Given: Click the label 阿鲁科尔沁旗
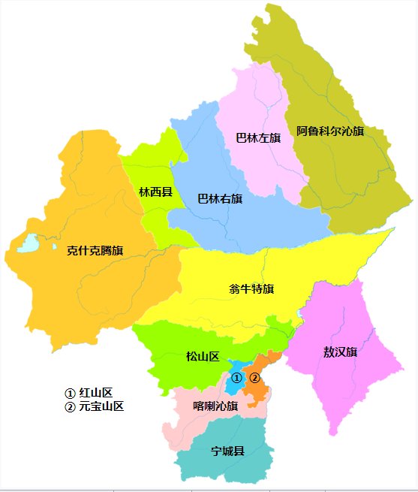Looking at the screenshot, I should (x=329, y=131).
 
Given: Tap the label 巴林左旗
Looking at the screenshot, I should (x=257, y=137).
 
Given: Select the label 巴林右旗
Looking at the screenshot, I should (x=219, y=199).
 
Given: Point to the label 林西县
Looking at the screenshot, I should (x=155, y=192).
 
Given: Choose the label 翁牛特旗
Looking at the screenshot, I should (x=251, y=288).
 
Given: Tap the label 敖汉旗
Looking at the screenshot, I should (x=340, y=352).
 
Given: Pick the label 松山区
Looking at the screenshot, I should (x=202, y=356).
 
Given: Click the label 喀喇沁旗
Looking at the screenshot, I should (x=215, y=406).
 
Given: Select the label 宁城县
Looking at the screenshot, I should (x=227, y=451).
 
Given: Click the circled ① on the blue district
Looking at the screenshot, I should (x=236, y=378).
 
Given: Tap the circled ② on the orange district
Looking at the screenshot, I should (x=254, y=378).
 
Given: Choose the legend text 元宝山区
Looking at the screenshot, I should (x=101, y=406).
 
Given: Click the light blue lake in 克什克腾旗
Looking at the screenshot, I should (x=28, y=243).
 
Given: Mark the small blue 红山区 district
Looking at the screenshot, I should (x=233, y=388).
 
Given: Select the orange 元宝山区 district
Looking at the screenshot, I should (x=258, y=391).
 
